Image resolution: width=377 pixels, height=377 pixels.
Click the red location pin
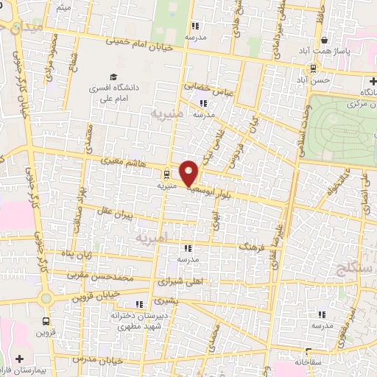tap(189, 173)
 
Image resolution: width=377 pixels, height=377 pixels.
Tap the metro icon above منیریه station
tap(167, 175)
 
